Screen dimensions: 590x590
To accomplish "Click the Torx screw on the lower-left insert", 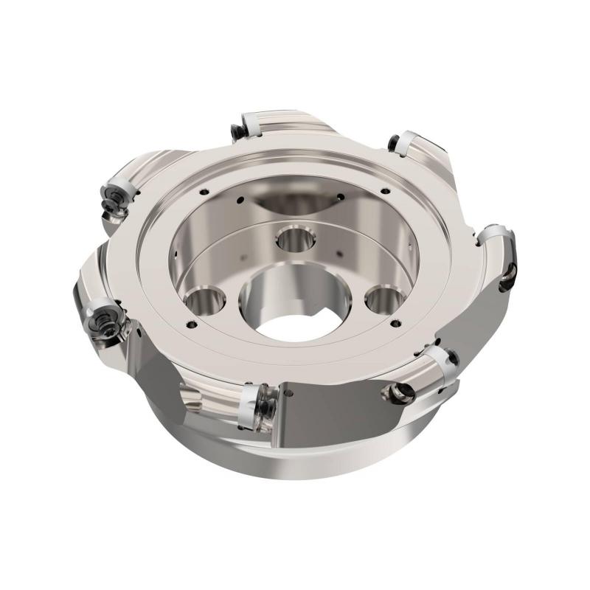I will coord(100,324).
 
